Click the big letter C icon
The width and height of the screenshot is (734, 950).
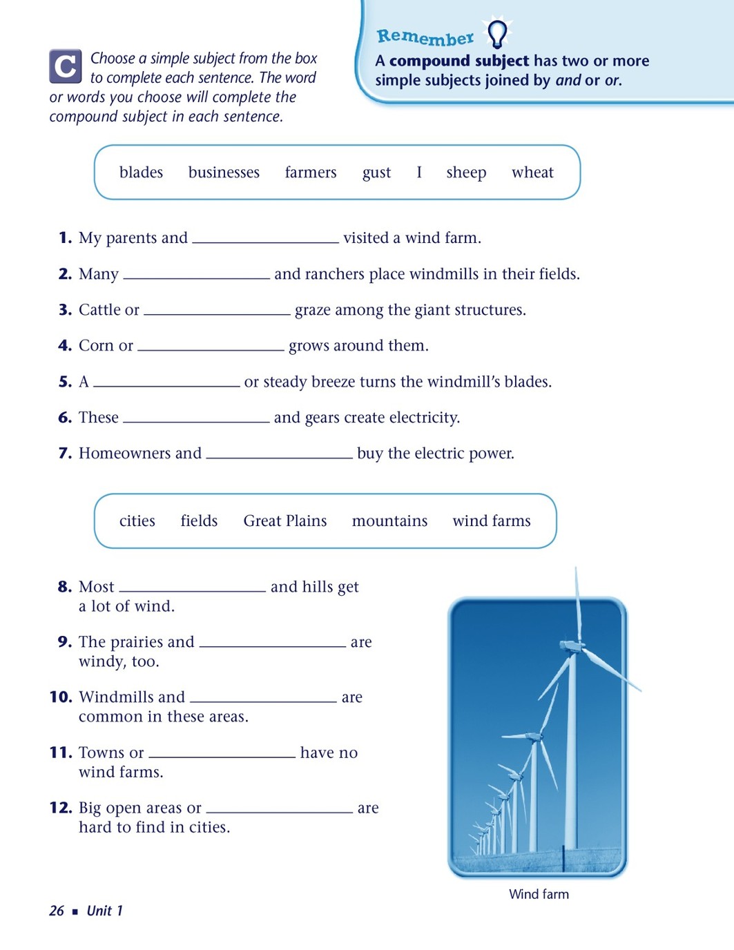[x=66, y=66]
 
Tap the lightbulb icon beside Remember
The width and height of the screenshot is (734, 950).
[x=497, y=32]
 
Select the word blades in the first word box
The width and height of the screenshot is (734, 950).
[x=141, y=173]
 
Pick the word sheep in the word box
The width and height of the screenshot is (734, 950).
[x=466, y=173]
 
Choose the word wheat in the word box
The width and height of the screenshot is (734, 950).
[x=532, y=173]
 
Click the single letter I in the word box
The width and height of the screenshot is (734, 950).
[x=418, y=173]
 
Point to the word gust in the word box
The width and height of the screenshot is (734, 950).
[x=376, y=173]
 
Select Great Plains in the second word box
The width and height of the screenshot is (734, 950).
[x=284, y=521]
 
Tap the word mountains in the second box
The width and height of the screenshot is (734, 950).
[x=389, y=521]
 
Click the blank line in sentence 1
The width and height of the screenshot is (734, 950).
[x=266, y=240]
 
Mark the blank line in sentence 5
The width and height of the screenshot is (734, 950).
[x=166, y=384]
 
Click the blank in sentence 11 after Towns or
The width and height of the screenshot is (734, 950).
[x=222, y=755]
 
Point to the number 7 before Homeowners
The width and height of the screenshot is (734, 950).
[x=65, y=454]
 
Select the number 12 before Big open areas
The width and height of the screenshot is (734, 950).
[x=61, y=808]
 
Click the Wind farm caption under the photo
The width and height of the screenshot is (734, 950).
[x=539, y=894]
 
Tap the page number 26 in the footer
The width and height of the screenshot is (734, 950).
[x=57, y=911]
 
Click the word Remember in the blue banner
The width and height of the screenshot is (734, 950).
[x=425, y=37]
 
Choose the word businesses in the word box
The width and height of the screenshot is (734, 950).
[x=224, y=173]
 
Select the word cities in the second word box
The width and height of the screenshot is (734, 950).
[x=137, y=521]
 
